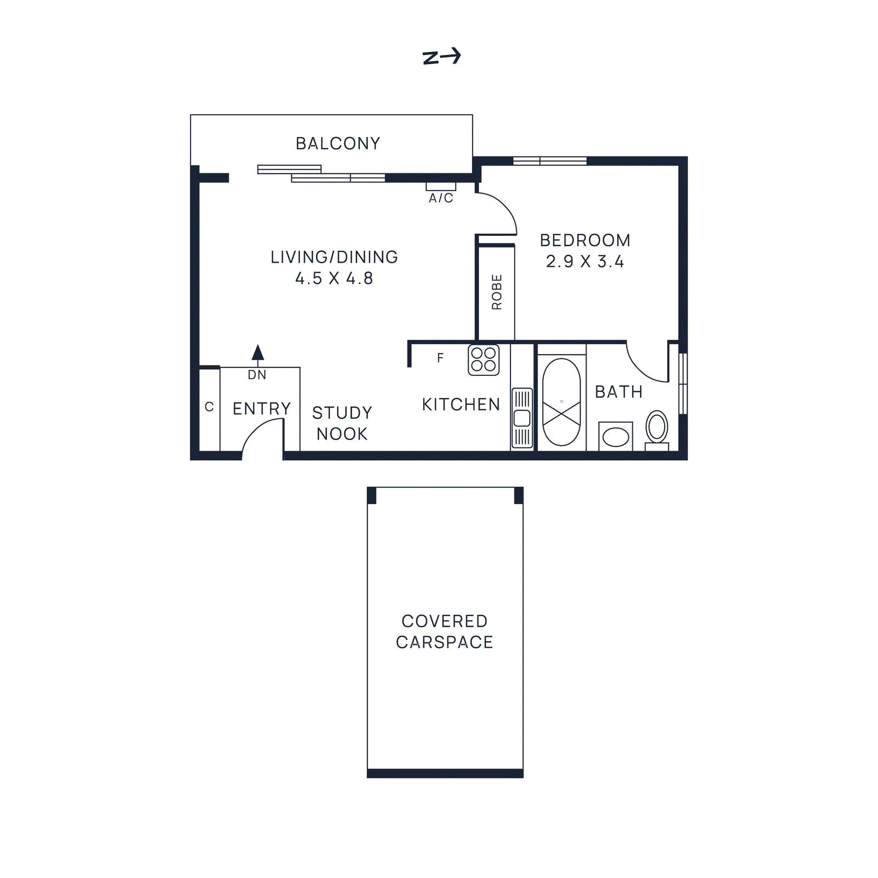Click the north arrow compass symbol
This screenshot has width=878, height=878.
tap(441, 57)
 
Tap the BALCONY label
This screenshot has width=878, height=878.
tap(337, 144)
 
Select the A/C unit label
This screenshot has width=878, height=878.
tap(441, 198)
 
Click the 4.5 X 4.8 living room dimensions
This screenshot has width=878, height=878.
tap(334, 278)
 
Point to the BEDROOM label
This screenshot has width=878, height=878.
tap(585, 240)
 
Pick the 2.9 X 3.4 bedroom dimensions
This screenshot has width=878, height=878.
tap(585, 262)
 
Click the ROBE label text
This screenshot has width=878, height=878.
tap(497, 292)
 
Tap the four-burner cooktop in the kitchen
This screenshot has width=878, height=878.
tap(483, 360)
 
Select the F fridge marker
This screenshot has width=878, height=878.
tap(440, 358)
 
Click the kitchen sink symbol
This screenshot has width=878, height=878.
tap(522, 418)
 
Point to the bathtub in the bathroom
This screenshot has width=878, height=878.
tap(561, 402)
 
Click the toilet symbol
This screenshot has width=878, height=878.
tap(656, 428)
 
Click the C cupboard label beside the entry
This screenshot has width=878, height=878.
tap(209, 407)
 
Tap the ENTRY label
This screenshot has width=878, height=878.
tap(262, 409)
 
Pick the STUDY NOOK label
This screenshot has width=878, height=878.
tap(342, 423)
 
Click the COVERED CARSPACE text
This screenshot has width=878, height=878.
tap(444, 632)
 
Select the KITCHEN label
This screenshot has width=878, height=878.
tap(461, 405)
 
